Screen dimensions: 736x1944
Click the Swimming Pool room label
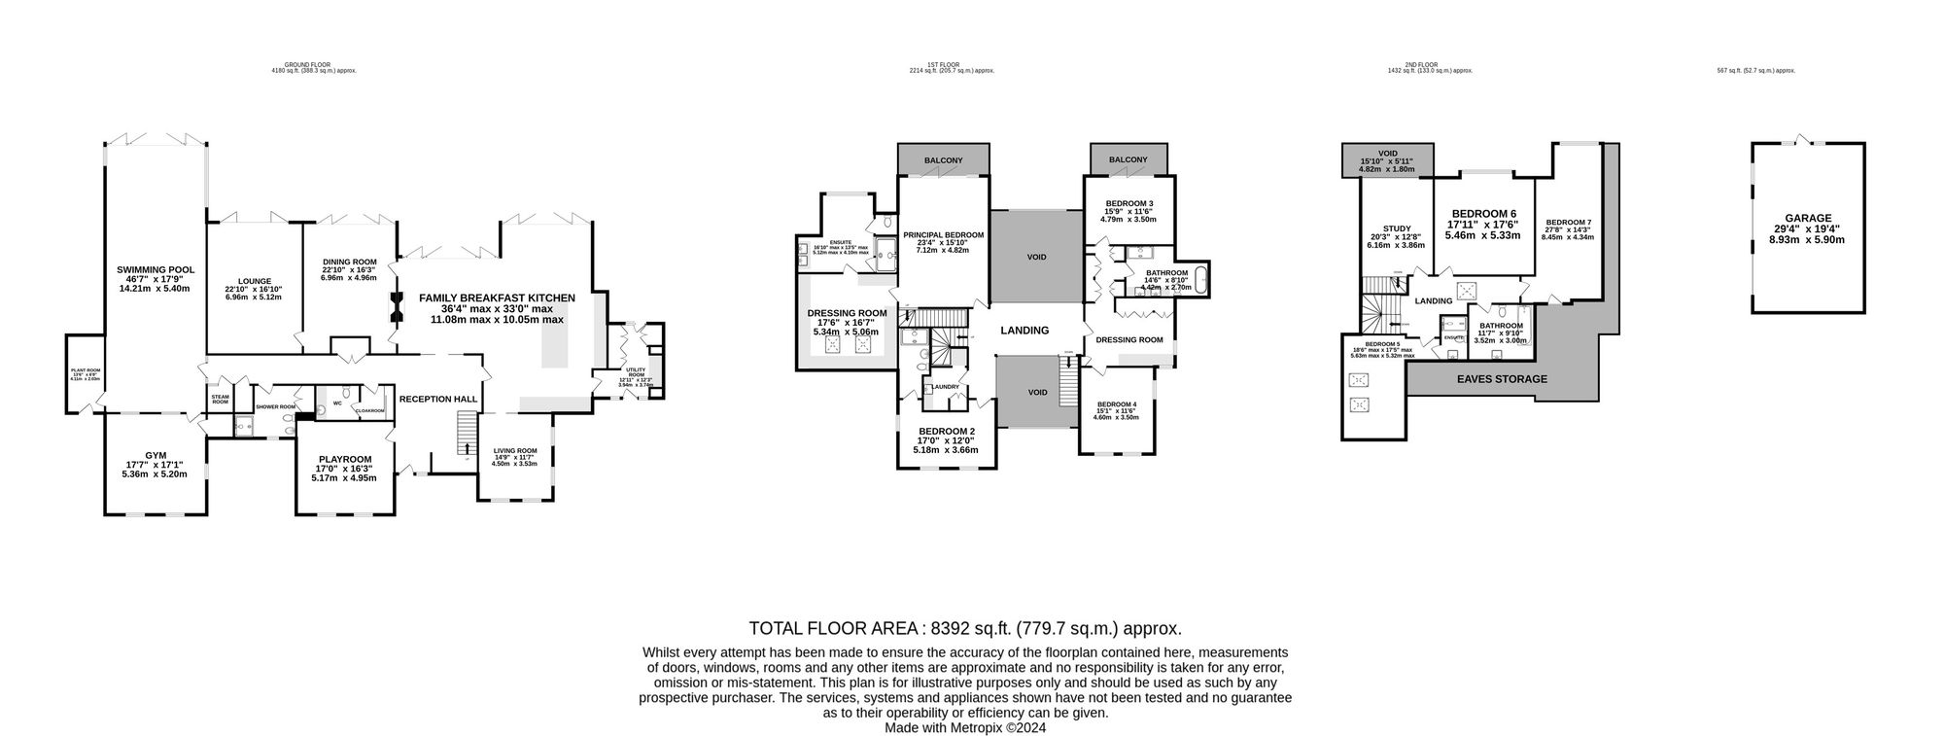[156, 269]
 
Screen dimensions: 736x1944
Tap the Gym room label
[156, 455]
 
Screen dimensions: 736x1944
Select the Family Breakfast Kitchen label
[497, 298]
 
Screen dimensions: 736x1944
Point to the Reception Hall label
[438, 399]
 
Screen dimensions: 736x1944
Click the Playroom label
[345, 459]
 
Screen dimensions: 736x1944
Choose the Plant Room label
[86, 370]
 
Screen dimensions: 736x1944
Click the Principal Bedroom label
[943, 235]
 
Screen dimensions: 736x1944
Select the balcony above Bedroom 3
[1128, 159]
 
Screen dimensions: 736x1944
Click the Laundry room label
[946, 387]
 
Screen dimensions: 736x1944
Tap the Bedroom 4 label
[1117, 404]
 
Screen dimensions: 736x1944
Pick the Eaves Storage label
[1501, 379]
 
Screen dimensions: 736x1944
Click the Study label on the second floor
[1397, 228]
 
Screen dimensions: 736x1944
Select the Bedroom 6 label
[1483, 214]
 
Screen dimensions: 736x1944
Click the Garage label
[1807, 219]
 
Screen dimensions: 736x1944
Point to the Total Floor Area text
[964, 628]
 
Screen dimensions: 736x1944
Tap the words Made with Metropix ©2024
[964, 727]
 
